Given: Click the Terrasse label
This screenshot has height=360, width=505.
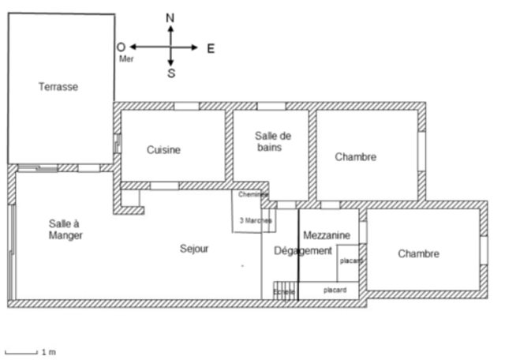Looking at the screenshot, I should pos(58,87).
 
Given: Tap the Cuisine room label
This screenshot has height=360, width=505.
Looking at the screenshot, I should pos(163,150).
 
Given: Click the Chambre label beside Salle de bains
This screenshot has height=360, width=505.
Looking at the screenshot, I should pos(355,157).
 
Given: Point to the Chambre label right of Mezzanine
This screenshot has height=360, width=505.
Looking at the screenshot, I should pos(418,253).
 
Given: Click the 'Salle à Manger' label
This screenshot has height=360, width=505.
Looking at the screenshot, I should pos(65,229).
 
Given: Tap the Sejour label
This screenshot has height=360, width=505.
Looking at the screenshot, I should pos(194,249).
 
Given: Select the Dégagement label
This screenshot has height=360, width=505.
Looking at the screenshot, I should pos(302,251).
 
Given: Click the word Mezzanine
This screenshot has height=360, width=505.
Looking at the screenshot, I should pos(326,235).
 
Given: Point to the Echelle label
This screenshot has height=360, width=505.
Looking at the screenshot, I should pos(283,292).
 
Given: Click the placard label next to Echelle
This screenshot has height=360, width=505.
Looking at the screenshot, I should pos(335,291).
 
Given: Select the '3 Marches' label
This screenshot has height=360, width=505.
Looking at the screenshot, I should pos(255,221).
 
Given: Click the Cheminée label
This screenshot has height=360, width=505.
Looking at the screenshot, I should pos(253,194).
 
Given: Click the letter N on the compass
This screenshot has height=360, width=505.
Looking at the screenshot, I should pos(170,17).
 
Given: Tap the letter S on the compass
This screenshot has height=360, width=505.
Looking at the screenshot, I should pos(171,74).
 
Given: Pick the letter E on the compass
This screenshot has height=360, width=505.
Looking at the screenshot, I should pos(211,48).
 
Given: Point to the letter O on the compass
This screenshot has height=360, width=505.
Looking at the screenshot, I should pos(121,47).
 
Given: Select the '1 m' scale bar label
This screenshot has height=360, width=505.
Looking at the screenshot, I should pos(48,351).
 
